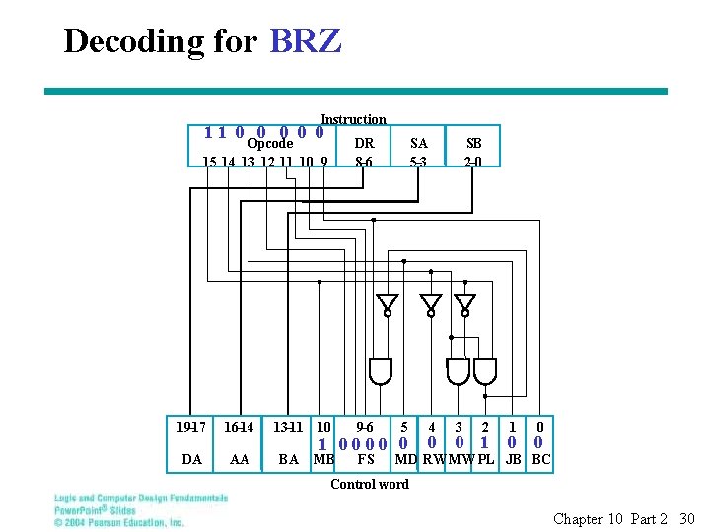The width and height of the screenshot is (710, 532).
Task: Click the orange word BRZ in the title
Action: pos(305,41)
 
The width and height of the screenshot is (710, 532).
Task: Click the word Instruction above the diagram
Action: pos(353,119)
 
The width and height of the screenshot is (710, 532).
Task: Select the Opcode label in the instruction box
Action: pos(269,144)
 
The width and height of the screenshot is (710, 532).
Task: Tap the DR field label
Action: pos(364,143)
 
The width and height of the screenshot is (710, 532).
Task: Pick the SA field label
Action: pos(419,143)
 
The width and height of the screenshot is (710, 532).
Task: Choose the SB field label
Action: pos(473,143)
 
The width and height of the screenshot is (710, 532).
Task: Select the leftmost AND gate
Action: pos(380,370)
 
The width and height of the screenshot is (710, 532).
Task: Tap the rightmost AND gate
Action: pos(485,370)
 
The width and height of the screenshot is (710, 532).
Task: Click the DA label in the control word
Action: pos(192,459)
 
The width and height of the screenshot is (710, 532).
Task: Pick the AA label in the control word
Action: pos(239,459)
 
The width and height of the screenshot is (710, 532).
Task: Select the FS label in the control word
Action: pos(365,459)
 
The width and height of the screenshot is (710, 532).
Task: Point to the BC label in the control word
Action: pos(541,459)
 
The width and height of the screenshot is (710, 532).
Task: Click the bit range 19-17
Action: pos(191,427)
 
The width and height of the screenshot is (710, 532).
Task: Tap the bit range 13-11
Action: pos(288,427)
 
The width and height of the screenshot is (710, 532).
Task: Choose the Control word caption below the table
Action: pos(369,484)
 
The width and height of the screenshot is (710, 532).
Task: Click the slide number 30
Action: pos(687,519)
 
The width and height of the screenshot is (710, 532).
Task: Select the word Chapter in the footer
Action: pos(577,519)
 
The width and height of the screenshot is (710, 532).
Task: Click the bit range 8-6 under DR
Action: pos(364,161)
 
